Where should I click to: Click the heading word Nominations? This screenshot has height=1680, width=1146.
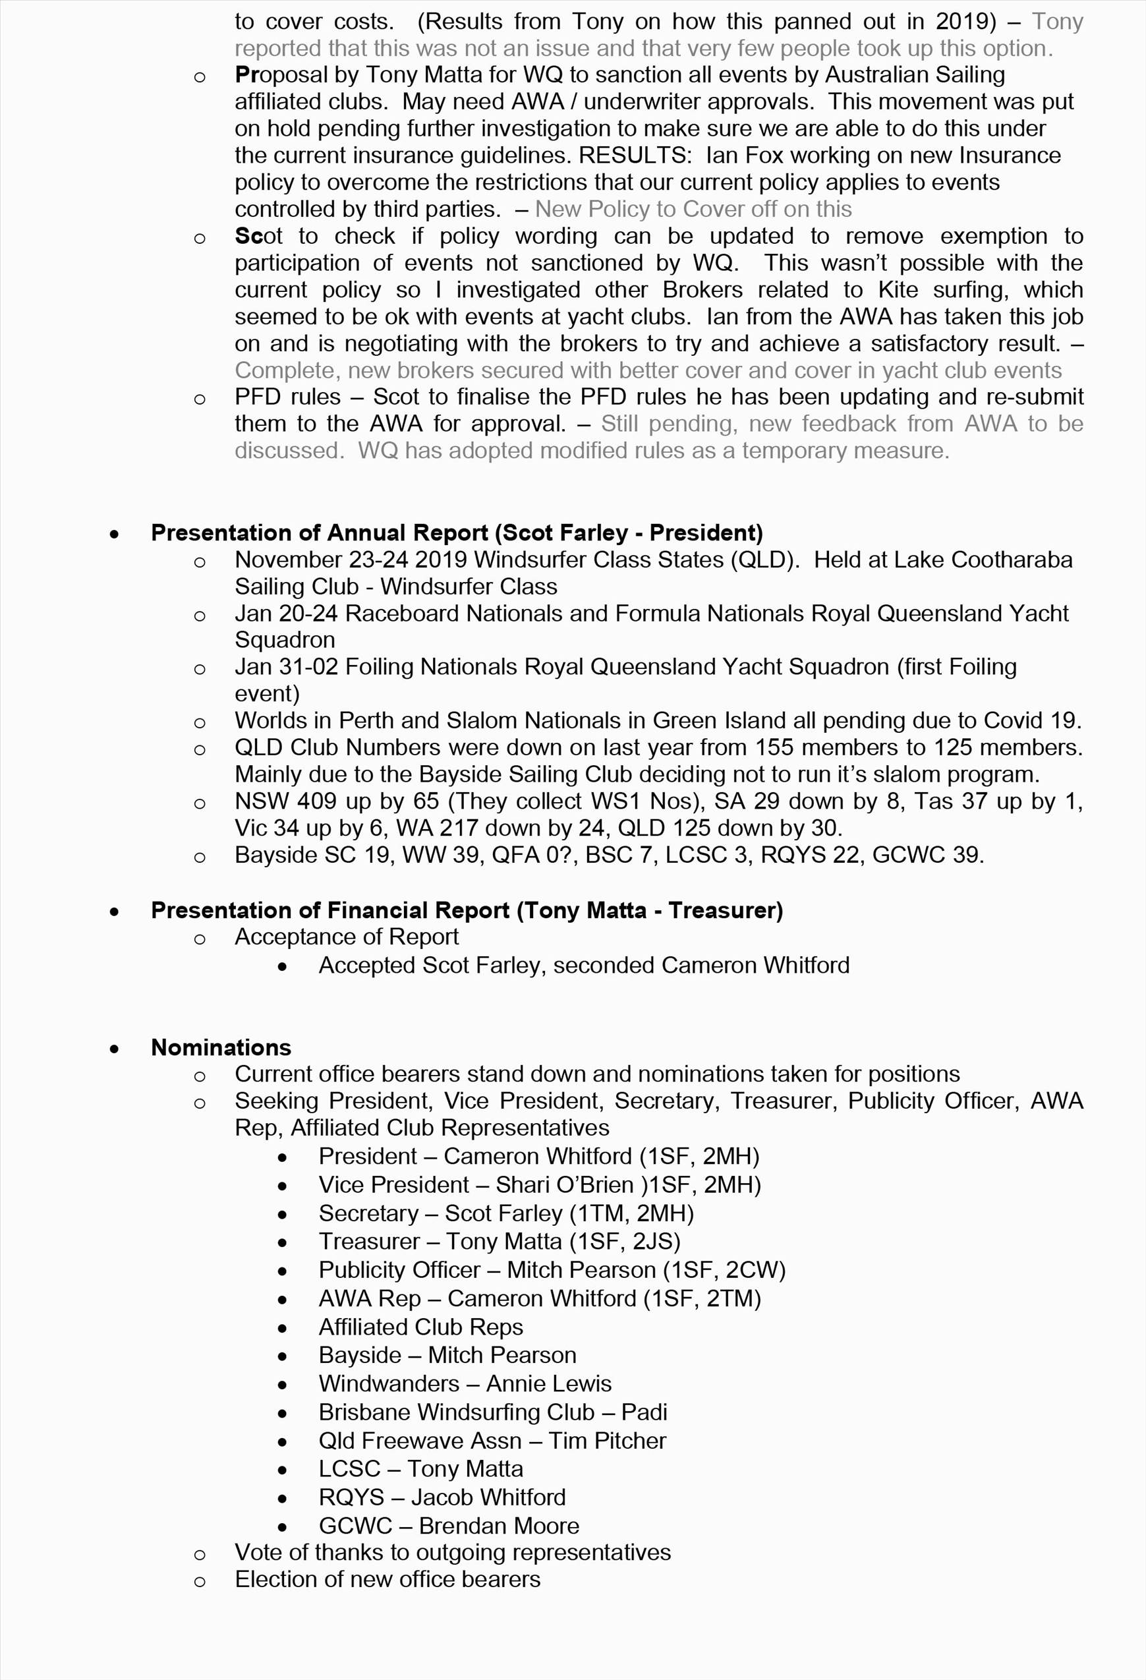(x=221, y=1047)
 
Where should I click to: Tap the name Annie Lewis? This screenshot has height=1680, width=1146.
(x=549, y=1383)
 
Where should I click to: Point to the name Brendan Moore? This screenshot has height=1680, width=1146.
(x=499, y=1525)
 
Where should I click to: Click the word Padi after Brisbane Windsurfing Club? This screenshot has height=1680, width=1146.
(x=645, y=1412)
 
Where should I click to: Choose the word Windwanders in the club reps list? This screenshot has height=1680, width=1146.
(x=389, y=1383)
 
